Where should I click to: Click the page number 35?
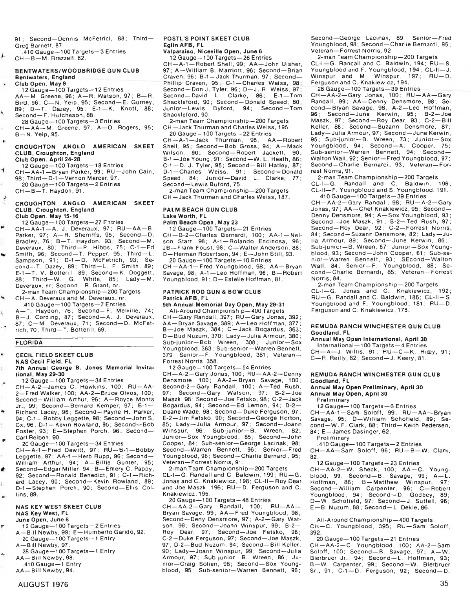[x=444, y=583]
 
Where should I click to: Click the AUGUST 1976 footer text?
[x=43, y=584]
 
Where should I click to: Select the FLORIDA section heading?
[x=29, y=343]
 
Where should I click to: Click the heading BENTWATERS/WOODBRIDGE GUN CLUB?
[x=77, y=71]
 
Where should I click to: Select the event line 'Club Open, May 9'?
[x=40, y=84]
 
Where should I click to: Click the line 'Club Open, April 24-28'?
[x=47, y=159]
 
